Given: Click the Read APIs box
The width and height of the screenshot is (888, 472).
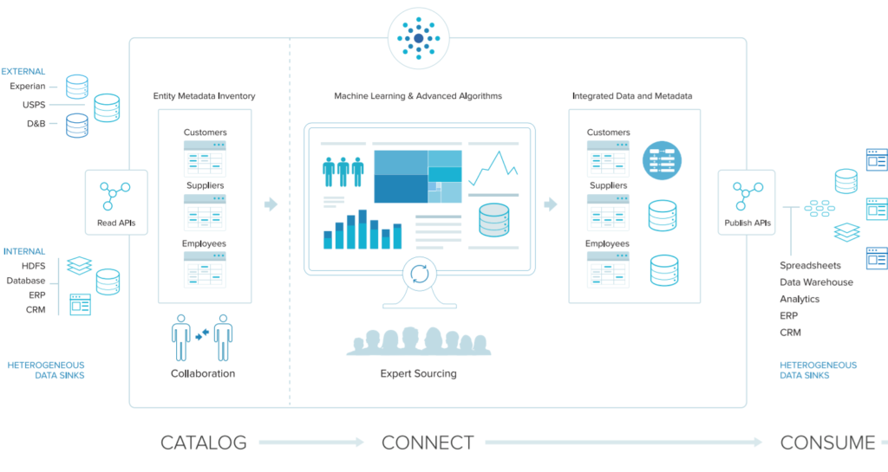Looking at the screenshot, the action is click(116, 203).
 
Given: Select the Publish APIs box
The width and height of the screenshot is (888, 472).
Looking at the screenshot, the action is click(747, 203).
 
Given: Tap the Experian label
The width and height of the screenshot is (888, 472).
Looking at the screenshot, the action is click(27, 86).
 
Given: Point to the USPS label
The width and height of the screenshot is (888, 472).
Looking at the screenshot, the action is click(34, 105).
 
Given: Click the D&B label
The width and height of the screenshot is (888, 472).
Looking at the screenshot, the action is click(36, 123).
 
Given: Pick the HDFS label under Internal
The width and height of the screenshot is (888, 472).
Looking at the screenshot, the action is click(34, 266).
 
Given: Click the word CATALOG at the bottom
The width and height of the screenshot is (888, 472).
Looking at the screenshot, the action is click(203, 443).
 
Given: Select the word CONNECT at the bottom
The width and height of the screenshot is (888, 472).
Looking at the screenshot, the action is click(428, 443).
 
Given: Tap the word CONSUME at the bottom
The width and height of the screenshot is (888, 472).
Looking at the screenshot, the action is click(827, 443).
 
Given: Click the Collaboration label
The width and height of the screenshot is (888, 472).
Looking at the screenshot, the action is click(203, 373).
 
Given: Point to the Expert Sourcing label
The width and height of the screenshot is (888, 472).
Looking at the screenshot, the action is click(419, 373).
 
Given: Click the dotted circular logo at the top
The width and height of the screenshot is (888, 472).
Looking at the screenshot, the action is click(419, 38).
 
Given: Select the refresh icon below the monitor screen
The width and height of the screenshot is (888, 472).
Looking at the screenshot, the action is click(420, 275).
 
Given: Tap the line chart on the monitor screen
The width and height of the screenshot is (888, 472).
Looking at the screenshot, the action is click(493, 168).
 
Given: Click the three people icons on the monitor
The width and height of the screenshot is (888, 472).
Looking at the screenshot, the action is click(343, 171).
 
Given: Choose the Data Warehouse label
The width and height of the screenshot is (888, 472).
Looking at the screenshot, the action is click(816, 282).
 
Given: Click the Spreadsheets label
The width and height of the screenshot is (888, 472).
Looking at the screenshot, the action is click(810, 265).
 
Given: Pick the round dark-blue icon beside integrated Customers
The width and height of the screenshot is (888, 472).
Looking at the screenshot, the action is click(662, 160).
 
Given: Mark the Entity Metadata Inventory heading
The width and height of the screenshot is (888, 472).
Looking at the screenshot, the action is click(204, 96).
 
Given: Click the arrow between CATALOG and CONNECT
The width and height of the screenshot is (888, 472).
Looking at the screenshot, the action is click(311, 442).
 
